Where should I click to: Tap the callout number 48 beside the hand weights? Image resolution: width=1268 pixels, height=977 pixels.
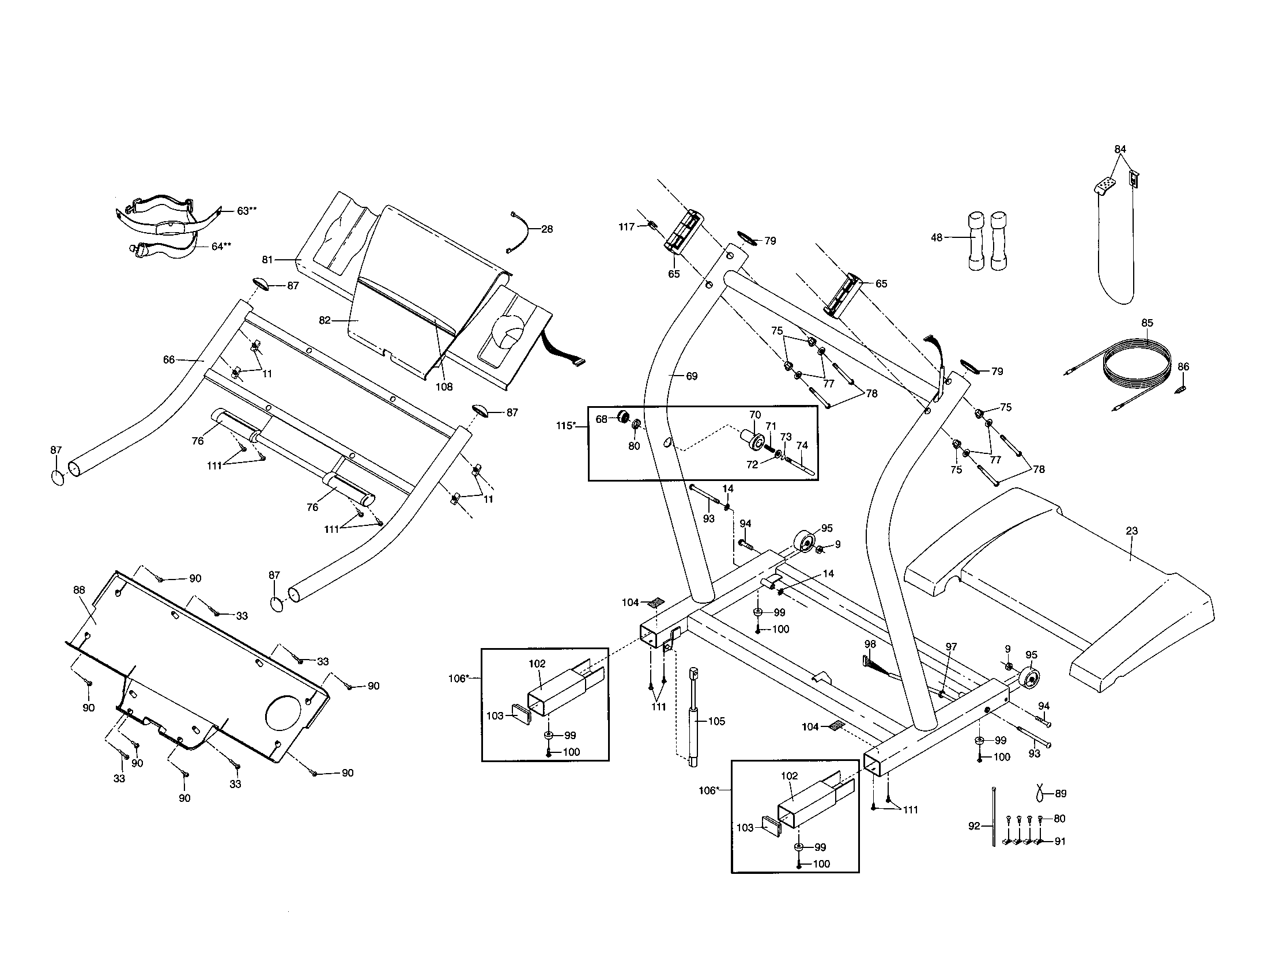937,237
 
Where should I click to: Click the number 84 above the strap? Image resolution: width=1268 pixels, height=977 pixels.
1120,149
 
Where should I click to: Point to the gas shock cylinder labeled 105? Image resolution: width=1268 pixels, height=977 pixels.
693,720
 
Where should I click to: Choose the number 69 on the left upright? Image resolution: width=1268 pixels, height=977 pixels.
692,376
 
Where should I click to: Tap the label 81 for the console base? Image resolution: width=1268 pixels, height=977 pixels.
267,260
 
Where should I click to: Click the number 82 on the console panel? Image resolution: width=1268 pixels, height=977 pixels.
324,320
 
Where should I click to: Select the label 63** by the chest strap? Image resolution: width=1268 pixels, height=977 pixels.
246,211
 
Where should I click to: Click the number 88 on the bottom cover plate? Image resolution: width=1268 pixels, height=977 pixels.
79,590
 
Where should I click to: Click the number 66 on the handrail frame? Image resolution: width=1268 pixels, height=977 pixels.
169,359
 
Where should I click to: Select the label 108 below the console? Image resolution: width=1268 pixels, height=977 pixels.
444,387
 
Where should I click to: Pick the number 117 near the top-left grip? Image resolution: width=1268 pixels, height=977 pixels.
627,227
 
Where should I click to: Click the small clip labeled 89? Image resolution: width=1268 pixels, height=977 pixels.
1043,791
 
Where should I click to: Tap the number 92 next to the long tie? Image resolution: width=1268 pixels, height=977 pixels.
974,826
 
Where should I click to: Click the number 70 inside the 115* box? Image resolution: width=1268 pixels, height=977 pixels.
755,415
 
